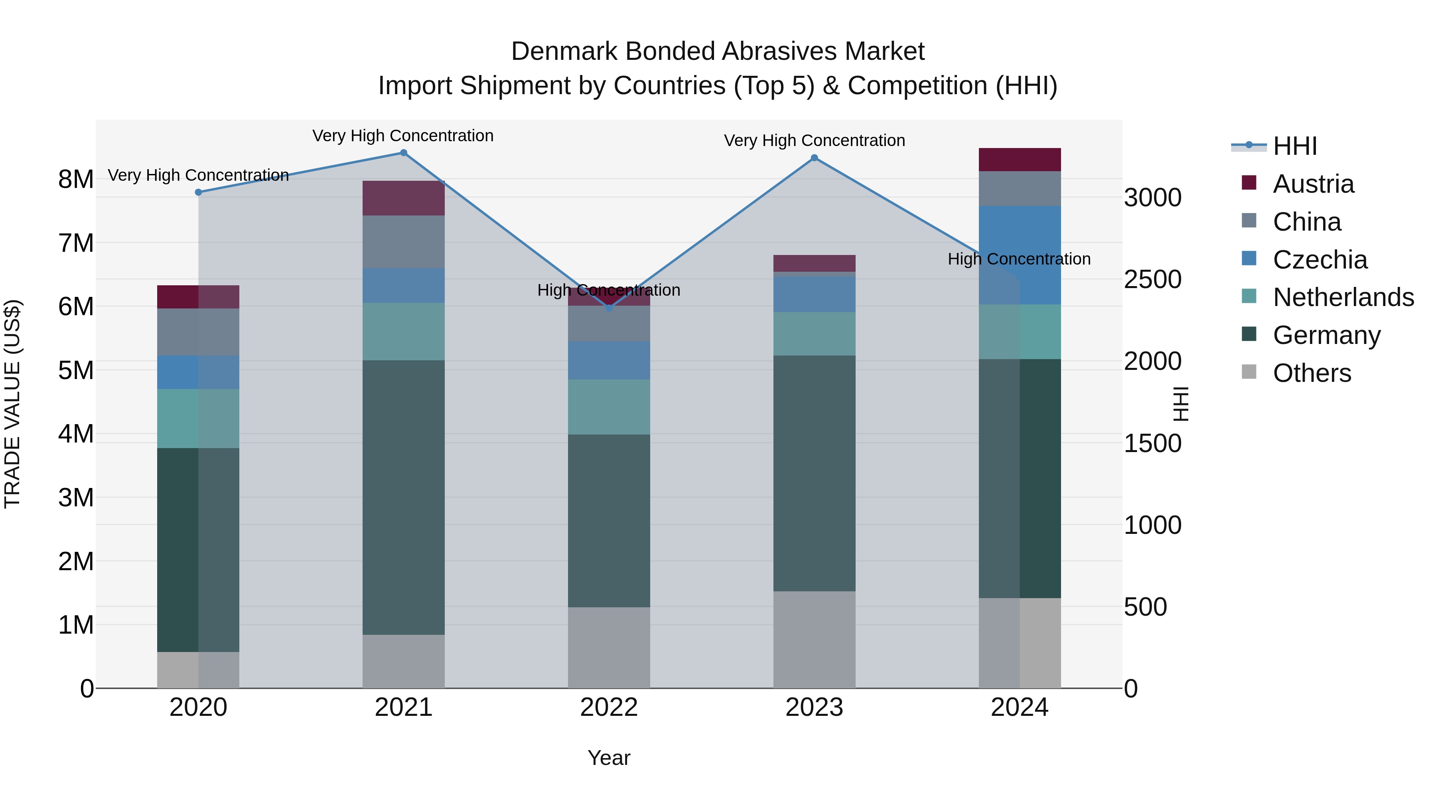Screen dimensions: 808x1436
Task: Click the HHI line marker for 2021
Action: pos(404,153)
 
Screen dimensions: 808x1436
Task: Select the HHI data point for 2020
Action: pos(199,192)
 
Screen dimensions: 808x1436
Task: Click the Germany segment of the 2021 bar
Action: pos(404,498)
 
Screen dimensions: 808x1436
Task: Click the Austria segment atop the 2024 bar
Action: pos(1020,160)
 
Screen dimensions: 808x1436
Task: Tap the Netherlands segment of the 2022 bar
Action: pos(609,407)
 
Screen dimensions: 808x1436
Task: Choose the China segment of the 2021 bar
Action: pos(404,242)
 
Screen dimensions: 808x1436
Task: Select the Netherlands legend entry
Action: pos(1343,297)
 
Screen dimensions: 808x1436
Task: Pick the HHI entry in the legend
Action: pos(1294,146)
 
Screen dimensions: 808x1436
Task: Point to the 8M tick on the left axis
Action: pos(76,180)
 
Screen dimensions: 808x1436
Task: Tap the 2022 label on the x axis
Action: pos(609,707)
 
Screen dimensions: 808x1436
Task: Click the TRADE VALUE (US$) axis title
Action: pos(12,404)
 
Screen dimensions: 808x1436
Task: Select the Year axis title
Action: pos(609,758)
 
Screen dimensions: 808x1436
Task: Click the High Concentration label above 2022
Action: pos(609,290)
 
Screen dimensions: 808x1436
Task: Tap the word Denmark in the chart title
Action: pos(565,51)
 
